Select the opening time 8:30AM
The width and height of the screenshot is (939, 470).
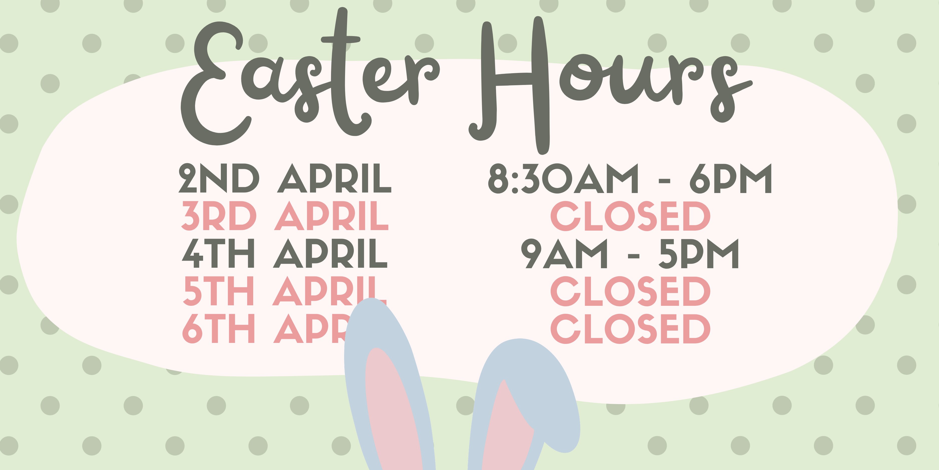(563, 178)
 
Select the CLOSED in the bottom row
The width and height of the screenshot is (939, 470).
(630, 328)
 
